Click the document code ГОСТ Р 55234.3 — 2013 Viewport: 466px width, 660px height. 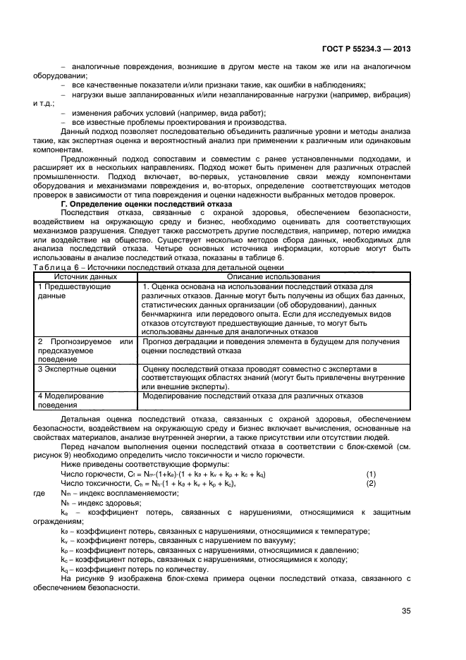[362, 49]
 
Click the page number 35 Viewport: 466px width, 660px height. [405, 611]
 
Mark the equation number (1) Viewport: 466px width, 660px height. [371, 474]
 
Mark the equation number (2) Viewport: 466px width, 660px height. [371, 484]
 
